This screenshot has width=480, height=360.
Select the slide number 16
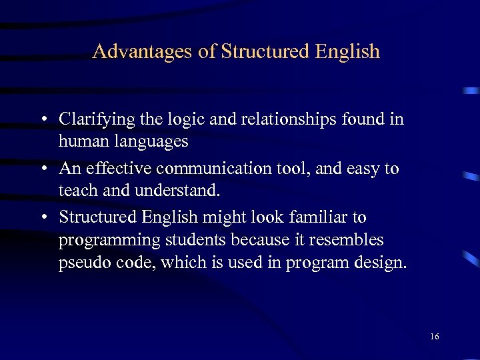tap(434, 337)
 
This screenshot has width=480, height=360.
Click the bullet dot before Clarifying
tap(43, 120)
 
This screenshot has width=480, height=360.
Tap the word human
tap(79, 141)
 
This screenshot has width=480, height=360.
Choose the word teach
tap(77, 191)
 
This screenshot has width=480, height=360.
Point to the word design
tap(381, 263)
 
